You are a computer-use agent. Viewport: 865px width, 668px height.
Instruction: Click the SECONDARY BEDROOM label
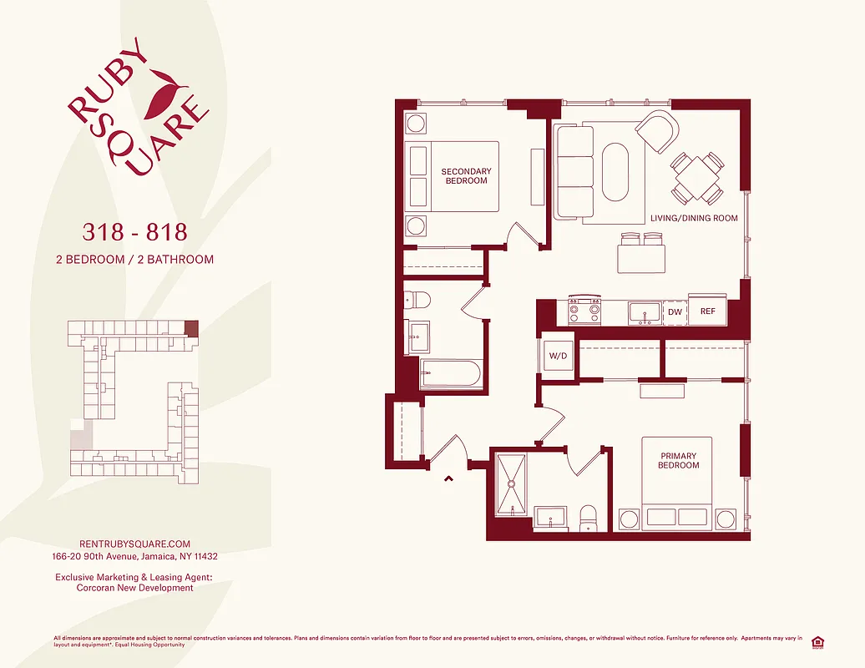(466, 176)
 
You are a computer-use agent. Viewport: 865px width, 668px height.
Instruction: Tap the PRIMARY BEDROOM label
(678, 460)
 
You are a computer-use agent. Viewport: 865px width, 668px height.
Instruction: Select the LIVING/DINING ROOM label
(694, 218)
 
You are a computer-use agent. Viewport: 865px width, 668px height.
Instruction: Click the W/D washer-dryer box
(557, 357)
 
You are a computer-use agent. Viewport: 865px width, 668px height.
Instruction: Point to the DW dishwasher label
(675, 311)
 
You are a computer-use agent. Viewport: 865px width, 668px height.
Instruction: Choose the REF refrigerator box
(707, 311)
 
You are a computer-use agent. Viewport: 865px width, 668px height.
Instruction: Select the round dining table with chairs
(696, 177)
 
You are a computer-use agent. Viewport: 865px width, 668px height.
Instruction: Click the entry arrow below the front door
(448, 478)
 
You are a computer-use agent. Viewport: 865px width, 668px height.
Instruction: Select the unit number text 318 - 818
(134, 230)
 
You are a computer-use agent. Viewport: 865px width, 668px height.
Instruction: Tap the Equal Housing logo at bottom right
(818, 640)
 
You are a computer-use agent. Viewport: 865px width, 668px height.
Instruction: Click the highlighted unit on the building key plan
(192, 328)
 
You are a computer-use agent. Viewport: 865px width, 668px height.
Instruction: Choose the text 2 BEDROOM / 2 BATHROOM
(134, 259)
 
